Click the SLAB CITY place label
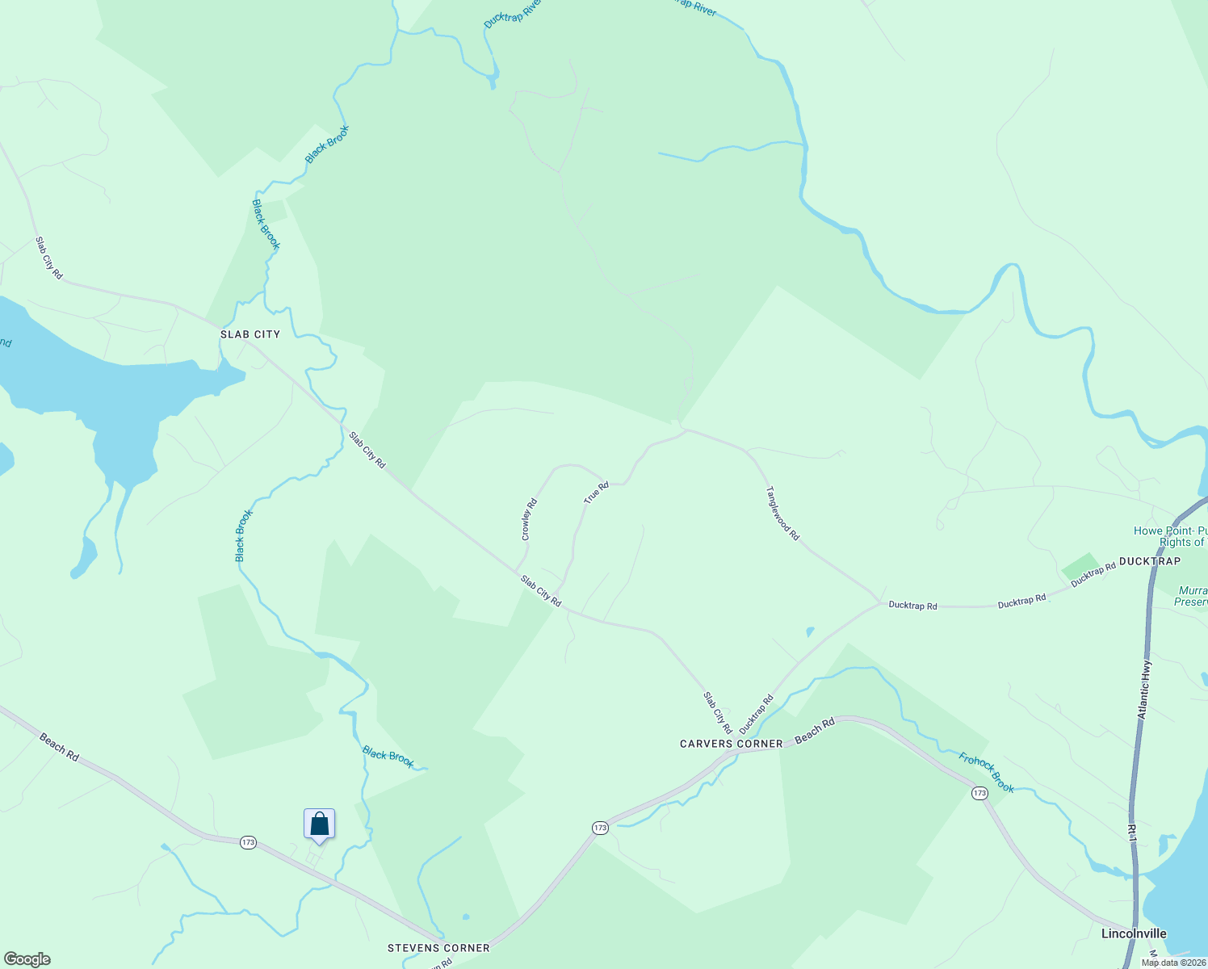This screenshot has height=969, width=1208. (x=250, y=334)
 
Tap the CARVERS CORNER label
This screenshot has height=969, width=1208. (x=731, y=744)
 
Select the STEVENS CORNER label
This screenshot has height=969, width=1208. (x=438, y=948)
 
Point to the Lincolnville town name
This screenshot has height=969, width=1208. (x=1134, y=933)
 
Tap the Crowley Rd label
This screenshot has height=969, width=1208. (x=529, y=520)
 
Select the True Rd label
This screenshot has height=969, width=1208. (x=596, y=493)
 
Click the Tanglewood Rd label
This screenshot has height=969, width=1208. (x=782, y=514)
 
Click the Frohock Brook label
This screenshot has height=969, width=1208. (x=986, y=772)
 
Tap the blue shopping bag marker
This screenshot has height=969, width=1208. (x=319, y=824)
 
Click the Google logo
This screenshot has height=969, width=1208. (x=27, y=959)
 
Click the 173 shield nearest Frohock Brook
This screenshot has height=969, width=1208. (x=979, y=793)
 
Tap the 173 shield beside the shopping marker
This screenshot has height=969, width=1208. (x=248, y=842)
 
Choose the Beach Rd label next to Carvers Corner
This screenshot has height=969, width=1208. (x=814, y=732)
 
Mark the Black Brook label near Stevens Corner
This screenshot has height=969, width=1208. (x=388, y=757)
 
